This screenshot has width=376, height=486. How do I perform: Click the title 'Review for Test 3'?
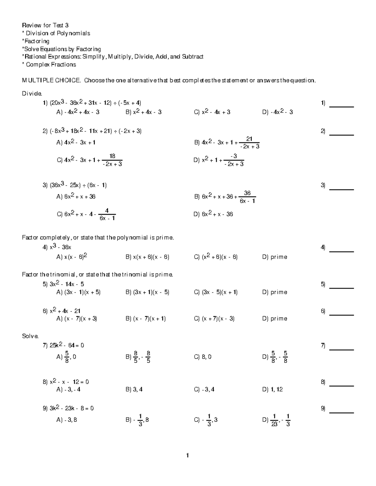45,25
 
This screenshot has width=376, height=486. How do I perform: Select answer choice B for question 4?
147,257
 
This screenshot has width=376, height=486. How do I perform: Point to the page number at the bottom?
187,456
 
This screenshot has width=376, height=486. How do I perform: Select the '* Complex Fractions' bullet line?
49,65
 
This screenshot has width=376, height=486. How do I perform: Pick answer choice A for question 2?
76,142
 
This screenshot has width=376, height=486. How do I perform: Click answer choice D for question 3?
213,214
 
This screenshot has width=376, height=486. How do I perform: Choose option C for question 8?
204,390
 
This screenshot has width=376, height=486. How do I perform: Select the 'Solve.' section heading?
30,336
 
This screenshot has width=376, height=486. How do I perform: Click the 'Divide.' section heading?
31,94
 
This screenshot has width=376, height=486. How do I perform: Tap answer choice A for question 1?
78,112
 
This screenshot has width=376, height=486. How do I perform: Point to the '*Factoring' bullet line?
35,41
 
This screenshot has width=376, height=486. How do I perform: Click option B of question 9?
137,420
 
